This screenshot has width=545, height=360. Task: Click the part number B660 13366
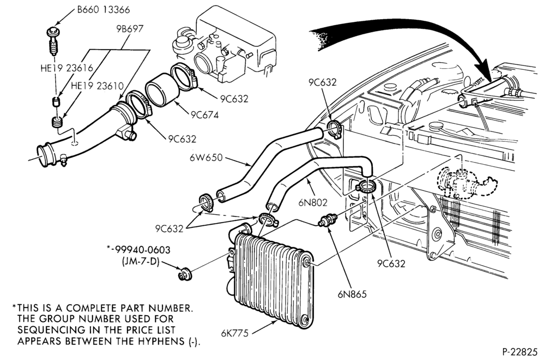103,10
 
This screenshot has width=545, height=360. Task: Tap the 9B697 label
130,28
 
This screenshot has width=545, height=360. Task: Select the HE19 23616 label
66,68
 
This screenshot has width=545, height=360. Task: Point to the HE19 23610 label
98,86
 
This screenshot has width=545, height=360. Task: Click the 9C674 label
205,115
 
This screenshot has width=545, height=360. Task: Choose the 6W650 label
206,158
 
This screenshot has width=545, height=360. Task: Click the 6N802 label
313,202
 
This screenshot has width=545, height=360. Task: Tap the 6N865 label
352,294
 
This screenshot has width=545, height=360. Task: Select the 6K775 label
235,333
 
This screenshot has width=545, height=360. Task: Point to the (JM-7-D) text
141,262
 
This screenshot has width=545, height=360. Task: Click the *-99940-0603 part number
138,250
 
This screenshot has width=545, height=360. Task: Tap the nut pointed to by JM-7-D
183,274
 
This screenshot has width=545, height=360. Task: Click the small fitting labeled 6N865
326,220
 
